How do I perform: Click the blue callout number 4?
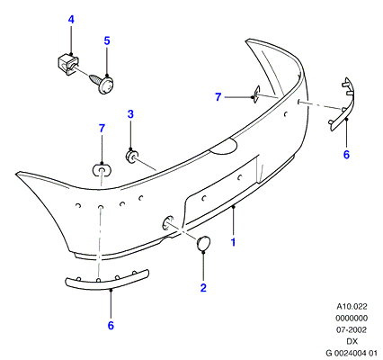[x=71, y=20]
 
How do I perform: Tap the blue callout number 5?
[x=107, y=40]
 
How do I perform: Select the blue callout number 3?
[x=130, y=114]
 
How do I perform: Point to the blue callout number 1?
[x=233, y=242]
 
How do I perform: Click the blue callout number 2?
[x=203, y=288]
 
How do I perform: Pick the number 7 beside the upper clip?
[x=218, y=97]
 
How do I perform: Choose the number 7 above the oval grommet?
[x=102, y=129]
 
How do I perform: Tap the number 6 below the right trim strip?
[x=346, y=155]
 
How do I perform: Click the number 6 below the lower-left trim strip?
[x=111, y=325]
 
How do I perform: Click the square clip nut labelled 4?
[x=67, y=63]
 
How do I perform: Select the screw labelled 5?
[x=102, y=83]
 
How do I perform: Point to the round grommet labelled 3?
[x=131, y=156]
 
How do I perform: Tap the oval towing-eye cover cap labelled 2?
[x=203, y=243]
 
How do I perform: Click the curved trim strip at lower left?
[x=107, y=280]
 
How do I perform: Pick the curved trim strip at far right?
[x=343, y=105]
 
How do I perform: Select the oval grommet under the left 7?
[x=102, y=171]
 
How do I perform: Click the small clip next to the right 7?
[x=256, y=94]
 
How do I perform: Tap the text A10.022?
[x=352, y=307]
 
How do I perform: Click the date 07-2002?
[x=352, y=330]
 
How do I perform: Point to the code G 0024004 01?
[x=351, y=353]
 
